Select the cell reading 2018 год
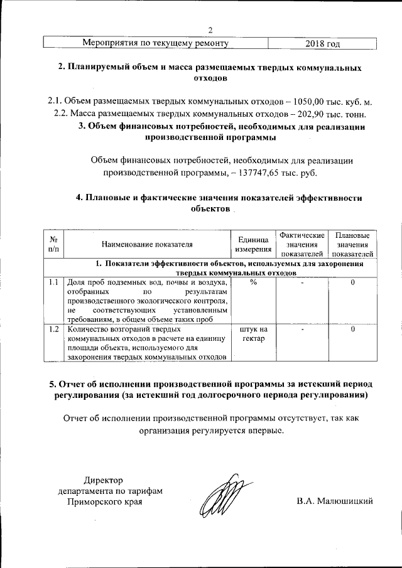coord(322,43)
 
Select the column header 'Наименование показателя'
coord(146,245)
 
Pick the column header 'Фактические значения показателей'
coord(302,244)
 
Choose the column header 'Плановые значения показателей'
coord(353,244)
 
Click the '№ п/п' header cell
coord(53,245)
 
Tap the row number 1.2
coord(53,329)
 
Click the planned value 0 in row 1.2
coord(353,329)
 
